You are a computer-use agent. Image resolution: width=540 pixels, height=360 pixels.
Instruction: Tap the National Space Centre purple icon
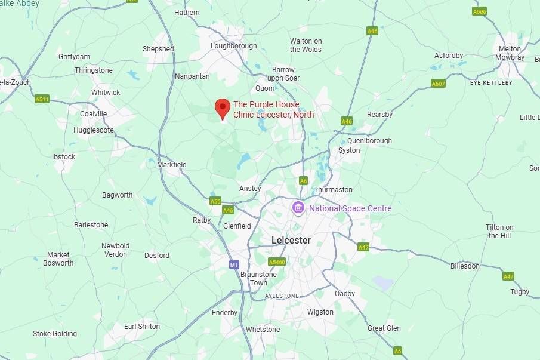pos(297,208)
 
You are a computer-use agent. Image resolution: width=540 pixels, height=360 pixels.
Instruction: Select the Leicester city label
pos(291,240)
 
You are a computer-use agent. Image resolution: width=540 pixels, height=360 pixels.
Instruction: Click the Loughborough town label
pos(234,46)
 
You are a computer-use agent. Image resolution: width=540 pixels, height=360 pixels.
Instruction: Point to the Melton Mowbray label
pos(510,53)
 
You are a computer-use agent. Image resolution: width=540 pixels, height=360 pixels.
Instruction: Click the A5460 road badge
pos(277,262)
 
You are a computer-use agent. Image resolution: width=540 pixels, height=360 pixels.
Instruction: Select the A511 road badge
pos(42,99)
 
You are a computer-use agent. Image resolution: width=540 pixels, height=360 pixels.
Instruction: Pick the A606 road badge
pos(479,11)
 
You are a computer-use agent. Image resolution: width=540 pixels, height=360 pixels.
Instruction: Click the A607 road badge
pos(438,84)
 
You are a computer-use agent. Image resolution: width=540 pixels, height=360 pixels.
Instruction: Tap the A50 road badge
pos(215,201)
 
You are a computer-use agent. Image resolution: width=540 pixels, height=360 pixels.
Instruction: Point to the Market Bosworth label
pos(59,259)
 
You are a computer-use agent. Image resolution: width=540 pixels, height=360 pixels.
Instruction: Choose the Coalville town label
pos(94,114)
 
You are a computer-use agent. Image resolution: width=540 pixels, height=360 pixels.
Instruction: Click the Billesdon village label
pos(465,266)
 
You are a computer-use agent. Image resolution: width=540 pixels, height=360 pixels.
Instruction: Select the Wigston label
pos(320,312)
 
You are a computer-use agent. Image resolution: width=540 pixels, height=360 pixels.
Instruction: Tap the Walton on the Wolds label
pos(306,45)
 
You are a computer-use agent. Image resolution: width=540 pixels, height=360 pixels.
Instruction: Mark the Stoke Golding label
pos(55,334)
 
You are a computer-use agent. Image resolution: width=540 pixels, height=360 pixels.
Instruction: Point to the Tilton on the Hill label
pos(500,232)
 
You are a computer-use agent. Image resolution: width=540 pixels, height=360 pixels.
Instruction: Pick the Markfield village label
pos(172,165)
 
